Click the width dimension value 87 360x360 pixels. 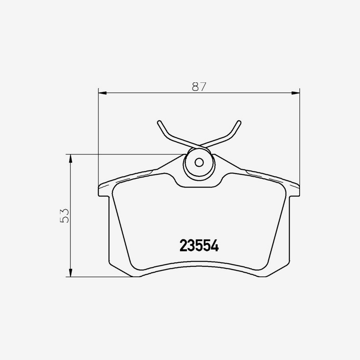point(199,86)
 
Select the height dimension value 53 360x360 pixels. point(64,215)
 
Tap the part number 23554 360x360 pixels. point(199,246)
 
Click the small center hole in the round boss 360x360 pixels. point(199,163)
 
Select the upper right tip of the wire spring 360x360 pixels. point(239,122)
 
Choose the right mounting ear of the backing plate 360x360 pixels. point(293,190)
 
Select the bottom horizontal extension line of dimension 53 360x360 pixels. point(100,276)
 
